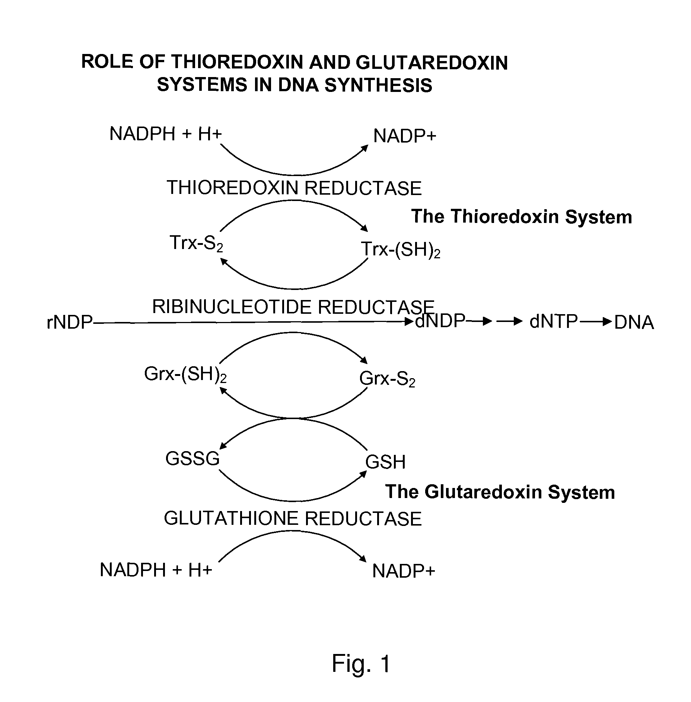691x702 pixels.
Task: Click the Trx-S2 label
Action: [x=196, y=243]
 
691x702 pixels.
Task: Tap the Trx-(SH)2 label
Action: [x=401, y=249]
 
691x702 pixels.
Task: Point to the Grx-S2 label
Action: [x=387, y=379]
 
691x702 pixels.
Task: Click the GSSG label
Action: [x=192, y=459]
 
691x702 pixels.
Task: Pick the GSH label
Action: [x=385, y=462]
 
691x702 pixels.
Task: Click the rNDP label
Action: [x=70, y=322]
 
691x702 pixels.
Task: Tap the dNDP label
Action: [x=440, y=321]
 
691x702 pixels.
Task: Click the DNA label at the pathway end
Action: [x=634, y=322]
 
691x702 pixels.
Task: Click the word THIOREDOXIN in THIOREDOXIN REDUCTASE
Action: [x=232, y=188]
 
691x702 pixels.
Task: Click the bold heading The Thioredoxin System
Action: [x=522, y=217]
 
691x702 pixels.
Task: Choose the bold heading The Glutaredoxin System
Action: [x=500, y=492]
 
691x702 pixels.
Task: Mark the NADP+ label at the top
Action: [x=405, y=136]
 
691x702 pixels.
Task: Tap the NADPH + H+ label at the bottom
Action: [x=156, y=570]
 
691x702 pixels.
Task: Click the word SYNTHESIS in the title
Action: [x=378, y=85]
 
